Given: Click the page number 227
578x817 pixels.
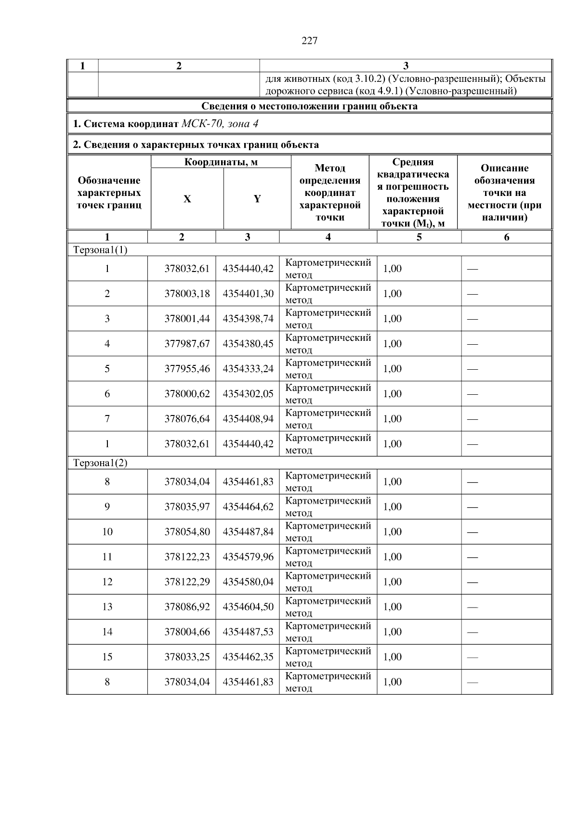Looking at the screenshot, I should pyautogui.click(x=309, y=41).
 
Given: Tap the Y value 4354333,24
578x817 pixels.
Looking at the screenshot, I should pyautogui.click(x=248, y=369).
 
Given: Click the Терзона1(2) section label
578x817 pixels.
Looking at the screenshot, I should pyautogui.click(x=100, y=463).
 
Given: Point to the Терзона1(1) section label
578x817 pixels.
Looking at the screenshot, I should pyautogui.click(x=100, y=250).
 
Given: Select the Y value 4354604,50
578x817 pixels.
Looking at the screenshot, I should pyautogui.click(x=248, y=607).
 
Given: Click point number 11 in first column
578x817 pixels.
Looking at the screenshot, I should pyautogui.click(x=107, y=557).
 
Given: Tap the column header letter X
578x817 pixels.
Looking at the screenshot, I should pyautogui.click(x=187, y=199).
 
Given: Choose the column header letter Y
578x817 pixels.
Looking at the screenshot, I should pyautogui.click(x=257, y=199).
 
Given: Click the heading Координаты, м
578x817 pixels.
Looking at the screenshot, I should pyautogui.click(x=221, y=162).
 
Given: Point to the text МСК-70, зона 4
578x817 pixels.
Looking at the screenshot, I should pyautogui.click(x=220, y=124).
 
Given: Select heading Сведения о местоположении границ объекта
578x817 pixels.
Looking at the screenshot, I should pyautogui.click(x=309, y=106).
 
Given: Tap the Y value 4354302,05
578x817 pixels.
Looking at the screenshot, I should pyautogui.click(x=248, y=394).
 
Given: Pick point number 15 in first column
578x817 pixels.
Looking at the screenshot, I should pyautogui.click(x=107, y=657).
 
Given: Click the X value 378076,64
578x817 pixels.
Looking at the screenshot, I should pyautogui.click(x=187, y=419).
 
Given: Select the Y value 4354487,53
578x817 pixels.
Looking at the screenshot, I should pyautogui.click(x=248, y=632).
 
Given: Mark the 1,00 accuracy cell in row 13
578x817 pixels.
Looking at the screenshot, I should pyautogui.click(x=392, y=607).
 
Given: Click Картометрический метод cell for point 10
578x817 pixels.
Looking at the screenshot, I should pyautogui.click(x=328, y=532).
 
